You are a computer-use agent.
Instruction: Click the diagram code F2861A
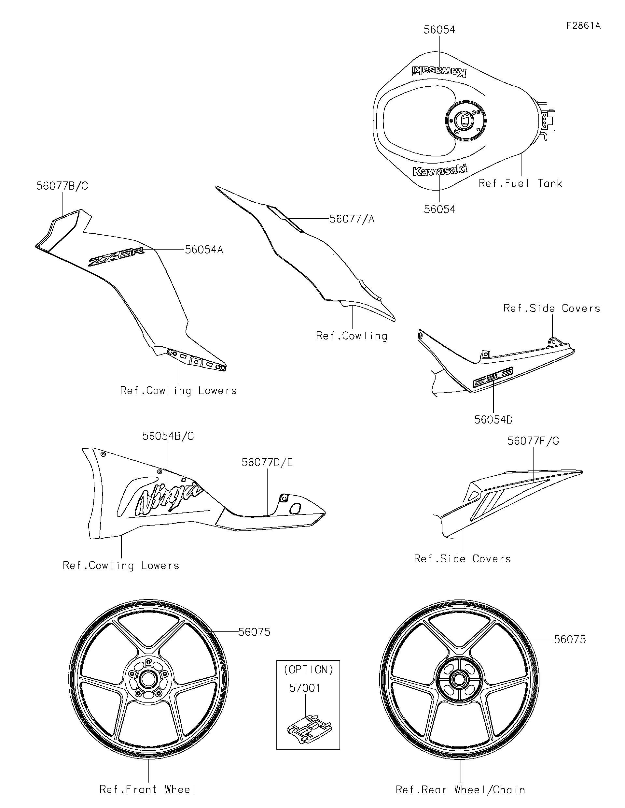pyautogui.click(x=583, y=25)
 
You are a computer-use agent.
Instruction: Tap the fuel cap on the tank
pyautogui.click(x=465, y=121)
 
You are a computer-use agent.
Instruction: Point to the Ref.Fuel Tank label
pyautogui.click(x=520, y=183)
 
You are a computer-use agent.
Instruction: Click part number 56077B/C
pyautogui.click(x=62, y=186)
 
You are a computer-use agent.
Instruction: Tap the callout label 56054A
pyautogui.click(x=204, y=250)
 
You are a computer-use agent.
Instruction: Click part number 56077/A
pyautogui.click(x=352, y=219)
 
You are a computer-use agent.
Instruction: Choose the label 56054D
pyautogui.click(x=493, y=420)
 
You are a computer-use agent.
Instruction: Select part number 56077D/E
pyautogui.click(x=267, y=462)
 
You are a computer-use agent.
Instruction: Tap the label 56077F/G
pyautogui.click(x=533, y=441)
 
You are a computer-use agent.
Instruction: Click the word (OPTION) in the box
pyautogui.click(x=308, y=670)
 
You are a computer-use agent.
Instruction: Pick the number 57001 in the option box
pyautogui.click(x=305, y=688)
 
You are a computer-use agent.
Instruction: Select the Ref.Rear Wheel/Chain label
pyautogui.click(x=460, y=789)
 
